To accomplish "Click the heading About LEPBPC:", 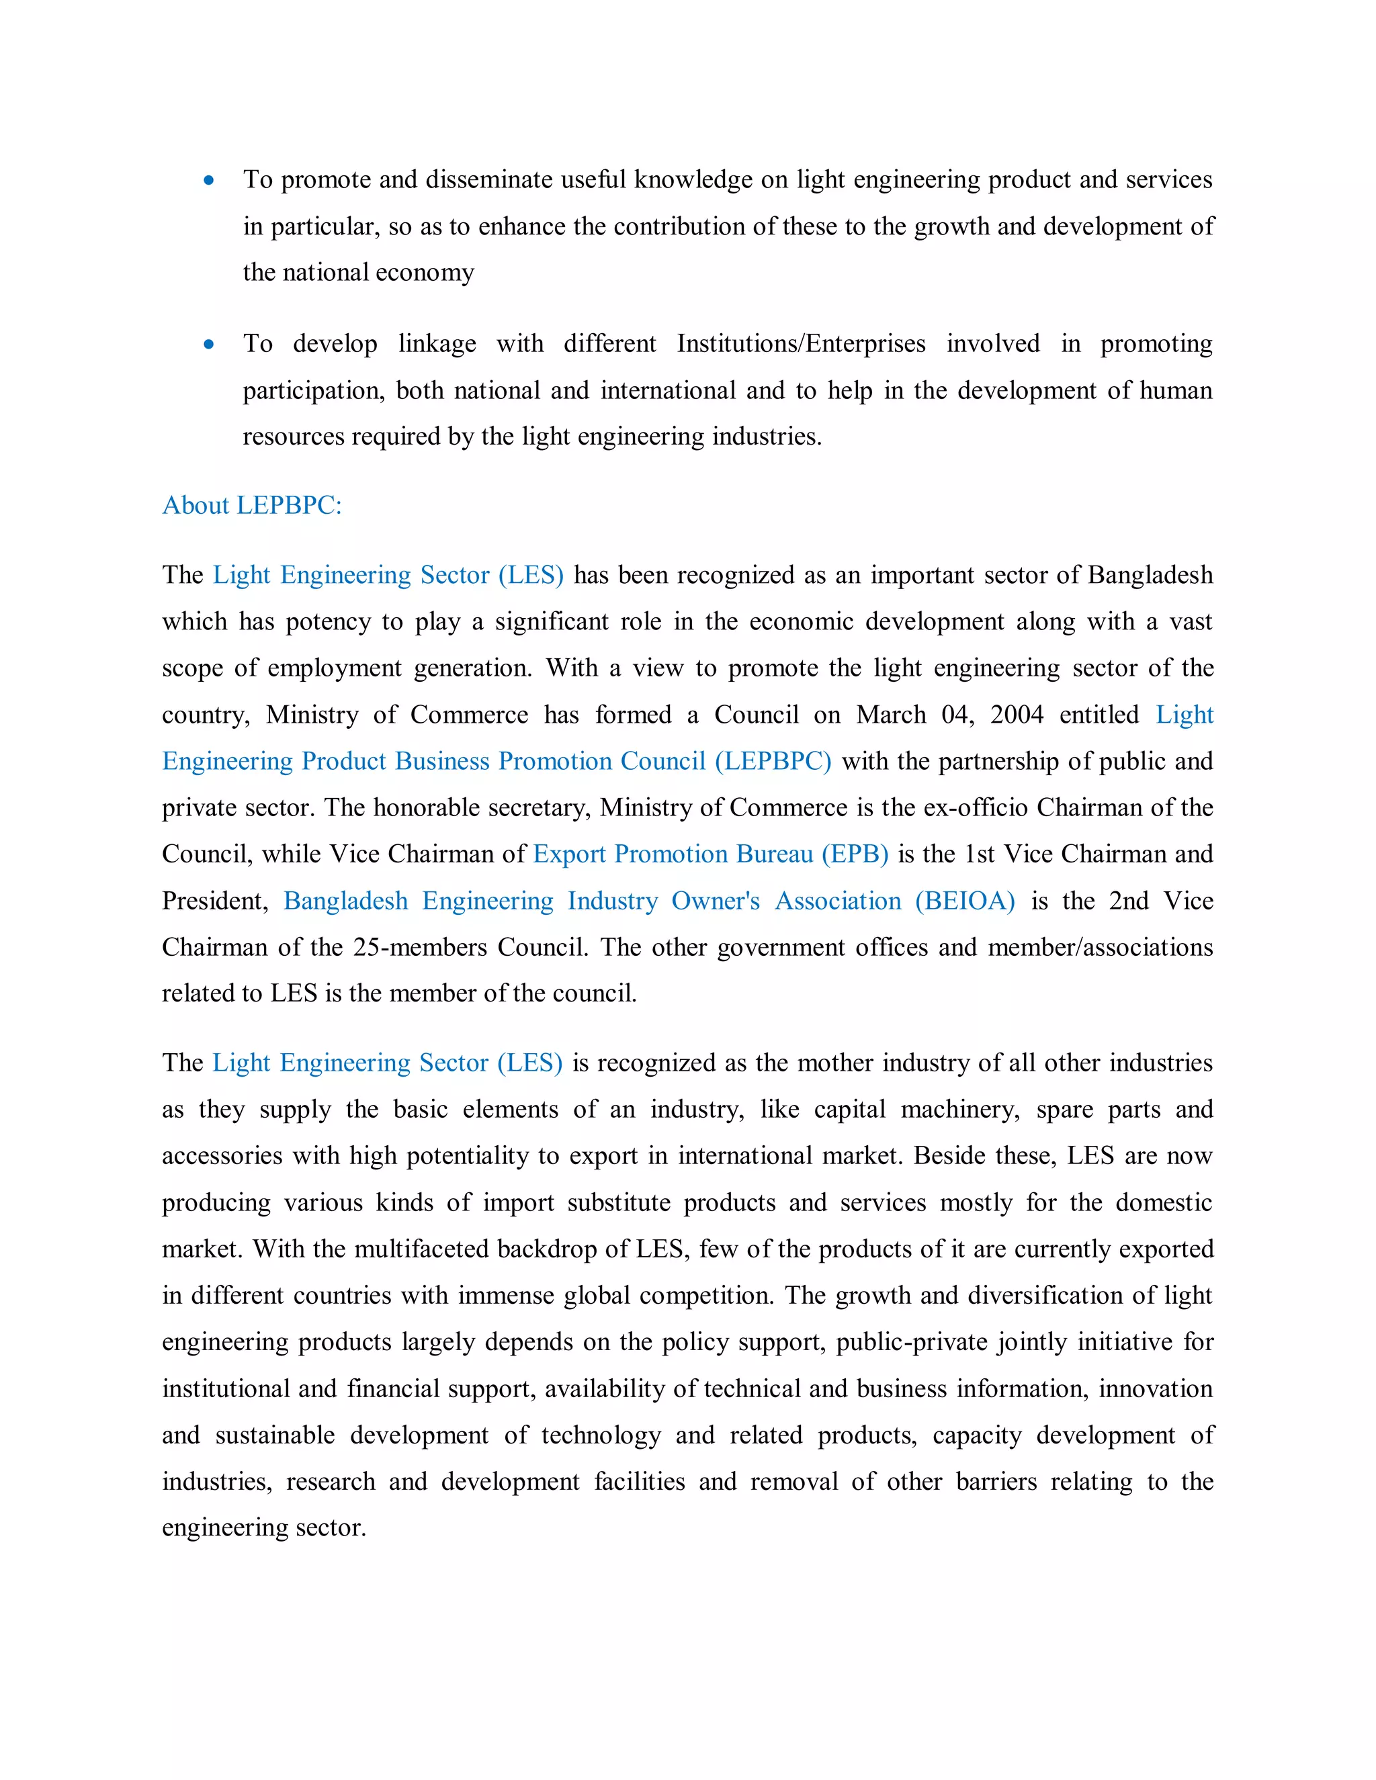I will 252,505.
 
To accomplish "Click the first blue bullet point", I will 209,180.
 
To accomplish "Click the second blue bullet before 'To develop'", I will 209,345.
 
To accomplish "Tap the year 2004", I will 1017,715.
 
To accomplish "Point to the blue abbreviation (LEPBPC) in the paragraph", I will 773,761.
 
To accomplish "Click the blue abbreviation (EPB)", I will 855,854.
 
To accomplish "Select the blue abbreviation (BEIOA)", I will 965,901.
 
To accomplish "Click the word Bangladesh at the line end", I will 1150,576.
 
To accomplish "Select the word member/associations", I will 1101,947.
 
